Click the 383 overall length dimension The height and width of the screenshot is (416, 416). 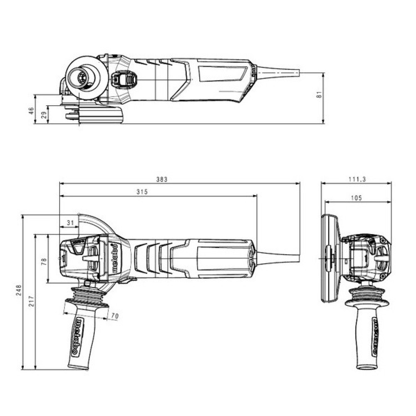[161, 179]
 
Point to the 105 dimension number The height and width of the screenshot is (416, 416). [356, 198]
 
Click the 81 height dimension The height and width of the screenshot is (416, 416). [319, 94]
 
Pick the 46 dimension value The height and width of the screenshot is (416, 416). [30, 110]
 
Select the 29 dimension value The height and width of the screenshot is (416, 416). [43, 115]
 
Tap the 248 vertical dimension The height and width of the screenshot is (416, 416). [18, 290]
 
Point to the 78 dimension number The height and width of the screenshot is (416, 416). [44, 262]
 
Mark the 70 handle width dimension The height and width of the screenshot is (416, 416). [115, 316]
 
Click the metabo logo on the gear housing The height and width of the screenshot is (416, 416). [115, 258]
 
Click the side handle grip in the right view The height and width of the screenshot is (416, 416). [367, 337]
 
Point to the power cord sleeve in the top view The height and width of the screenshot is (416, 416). [277, 72]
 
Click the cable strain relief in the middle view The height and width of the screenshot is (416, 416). [277, 258]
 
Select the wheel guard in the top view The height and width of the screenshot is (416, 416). [101, 115]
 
